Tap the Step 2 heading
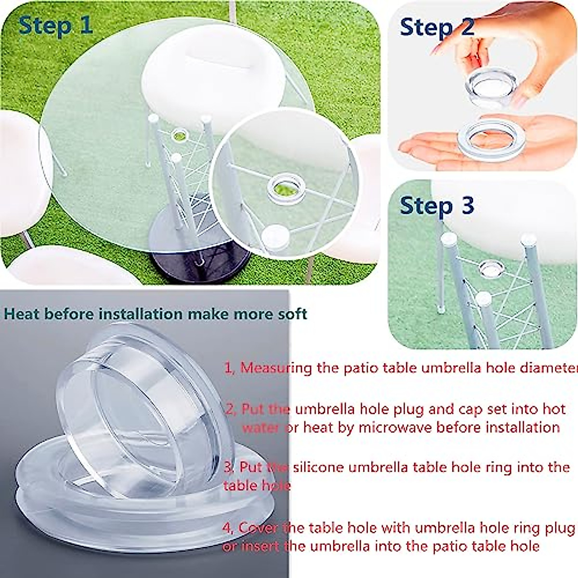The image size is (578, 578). pos(437,26)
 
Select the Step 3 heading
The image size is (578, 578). pos(437,205)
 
